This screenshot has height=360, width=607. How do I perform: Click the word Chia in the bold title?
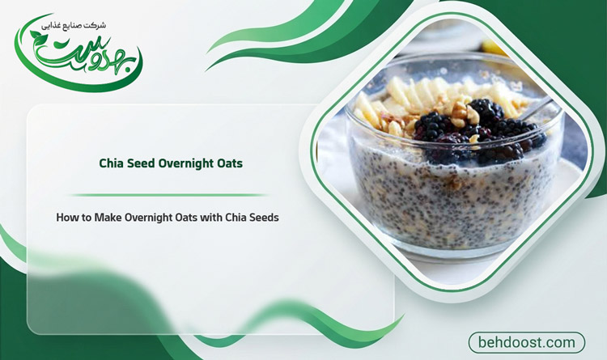(110, 163)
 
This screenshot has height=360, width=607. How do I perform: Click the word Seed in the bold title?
(140, 163)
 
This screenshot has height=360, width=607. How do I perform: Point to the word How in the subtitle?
(65, 218)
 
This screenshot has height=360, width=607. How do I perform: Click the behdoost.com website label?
(527, 342)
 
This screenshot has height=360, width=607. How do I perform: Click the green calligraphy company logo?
(79, 54)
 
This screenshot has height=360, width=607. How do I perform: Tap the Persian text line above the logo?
(74, 26)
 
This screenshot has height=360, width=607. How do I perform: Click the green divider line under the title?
(168, 195)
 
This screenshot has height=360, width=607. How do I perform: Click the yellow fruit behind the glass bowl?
(494, 48)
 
